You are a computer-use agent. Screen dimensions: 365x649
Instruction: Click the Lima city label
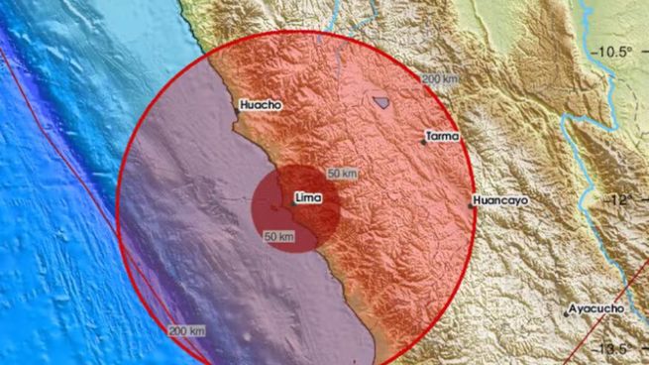coord(307,198)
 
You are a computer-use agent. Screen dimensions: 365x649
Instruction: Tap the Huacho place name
coord(261,104)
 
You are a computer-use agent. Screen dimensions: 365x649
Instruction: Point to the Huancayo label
coord(500,199)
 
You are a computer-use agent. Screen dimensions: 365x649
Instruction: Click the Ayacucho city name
coord(596,308)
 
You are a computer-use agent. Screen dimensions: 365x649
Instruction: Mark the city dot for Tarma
coord(423,142)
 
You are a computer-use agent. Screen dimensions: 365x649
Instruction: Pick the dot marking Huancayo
coord(472,206)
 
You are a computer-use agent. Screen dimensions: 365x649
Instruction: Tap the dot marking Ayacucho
coord(567,314)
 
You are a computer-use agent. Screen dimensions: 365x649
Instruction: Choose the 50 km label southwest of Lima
coord(279,236)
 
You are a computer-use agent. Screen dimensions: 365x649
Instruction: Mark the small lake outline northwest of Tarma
coord(380,99)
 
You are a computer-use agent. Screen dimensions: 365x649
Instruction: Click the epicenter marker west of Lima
coord(272,206)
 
